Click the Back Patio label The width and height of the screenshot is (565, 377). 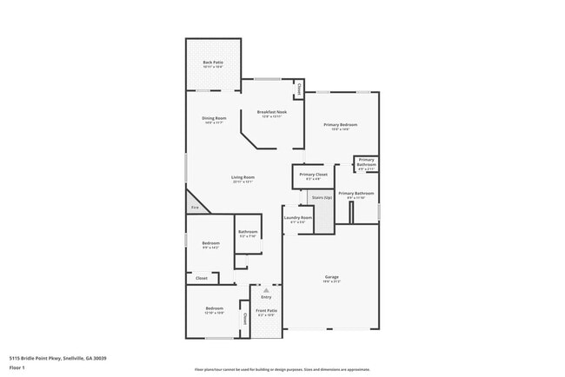213,62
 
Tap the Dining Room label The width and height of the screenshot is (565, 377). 215,118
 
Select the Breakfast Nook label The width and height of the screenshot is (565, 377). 272,111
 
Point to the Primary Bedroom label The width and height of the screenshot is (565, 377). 341,125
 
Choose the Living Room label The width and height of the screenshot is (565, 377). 243,177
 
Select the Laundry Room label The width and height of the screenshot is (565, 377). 300,217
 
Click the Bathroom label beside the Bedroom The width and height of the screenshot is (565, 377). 248,231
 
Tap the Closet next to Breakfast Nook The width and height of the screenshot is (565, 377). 298,89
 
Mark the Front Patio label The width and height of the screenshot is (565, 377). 266,310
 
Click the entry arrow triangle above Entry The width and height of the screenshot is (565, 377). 266,290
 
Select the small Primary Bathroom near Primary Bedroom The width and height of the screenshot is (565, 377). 366,162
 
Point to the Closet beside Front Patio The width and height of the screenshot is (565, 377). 244,319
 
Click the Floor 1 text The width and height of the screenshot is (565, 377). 17,367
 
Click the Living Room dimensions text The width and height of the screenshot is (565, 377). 243,182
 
